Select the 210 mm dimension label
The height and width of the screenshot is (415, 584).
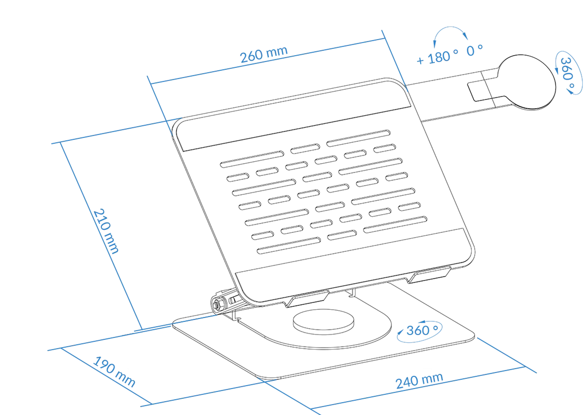pos(106,231)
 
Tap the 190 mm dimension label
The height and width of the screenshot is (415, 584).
pos(114,372)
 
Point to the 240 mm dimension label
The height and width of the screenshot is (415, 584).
pos(419,380)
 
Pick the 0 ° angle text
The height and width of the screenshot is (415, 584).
pos(474,51)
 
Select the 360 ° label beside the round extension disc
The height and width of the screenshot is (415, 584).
pos(567,73)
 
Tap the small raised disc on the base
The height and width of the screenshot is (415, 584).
pos(323,322)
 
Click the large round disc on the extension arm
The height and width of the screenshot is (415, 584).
pos(527,82)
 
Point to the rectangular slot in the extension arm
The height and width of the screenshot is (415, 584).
pos(480,92)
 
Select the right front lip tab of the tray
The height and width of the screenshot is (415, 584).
pos(429,275)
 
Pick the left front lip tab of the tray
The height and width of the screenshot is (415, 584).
pos(308,299)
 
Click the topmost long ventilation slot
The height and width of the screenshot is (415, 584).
pos(358,138)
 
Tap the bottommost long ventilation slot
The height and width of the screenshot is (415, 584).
pos(289,245)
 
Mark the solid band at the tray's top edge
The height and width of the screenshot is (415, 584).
pos(296,116)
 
